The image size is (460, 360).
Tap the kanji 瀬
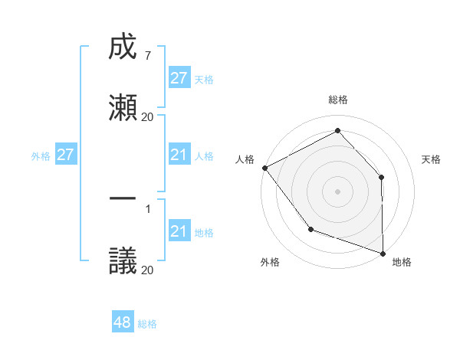coord(123,107)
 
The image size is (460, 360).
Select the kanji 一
coord(123,199)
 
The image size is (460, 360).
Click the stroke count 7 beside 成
coord(147,56)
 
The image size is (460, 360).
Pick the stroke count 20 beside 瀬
coord(147,116)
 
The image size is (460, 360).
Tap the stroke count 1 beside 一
coord(147,208)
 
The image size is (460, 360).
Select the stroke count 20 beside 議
coord(147,270)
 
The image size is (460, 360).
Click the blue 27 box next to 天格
coord(179,78)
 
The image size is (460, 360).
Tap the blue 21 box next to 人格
coord(179,155)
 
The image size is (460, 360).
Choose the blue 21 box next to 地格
coord(179,232)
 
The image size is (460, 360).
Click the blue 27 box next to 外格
coord(66,155)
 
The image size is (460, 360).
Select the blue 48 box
coord(123,323)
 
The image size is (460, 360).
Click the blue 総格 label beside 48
coord(147,324)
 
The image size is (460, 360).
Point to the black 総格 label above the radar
coord(337,100)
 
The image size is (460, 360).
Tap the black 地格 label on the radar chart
coord(402,262)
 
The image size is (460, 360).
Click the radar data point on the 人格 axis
coord(264,168)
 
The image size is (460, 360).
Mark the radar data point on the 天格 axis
coord(382,177)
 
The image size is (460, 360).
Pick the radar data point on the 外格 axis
coord(310,228)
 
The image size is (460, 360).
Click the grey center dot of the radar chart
coord(337,191)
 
